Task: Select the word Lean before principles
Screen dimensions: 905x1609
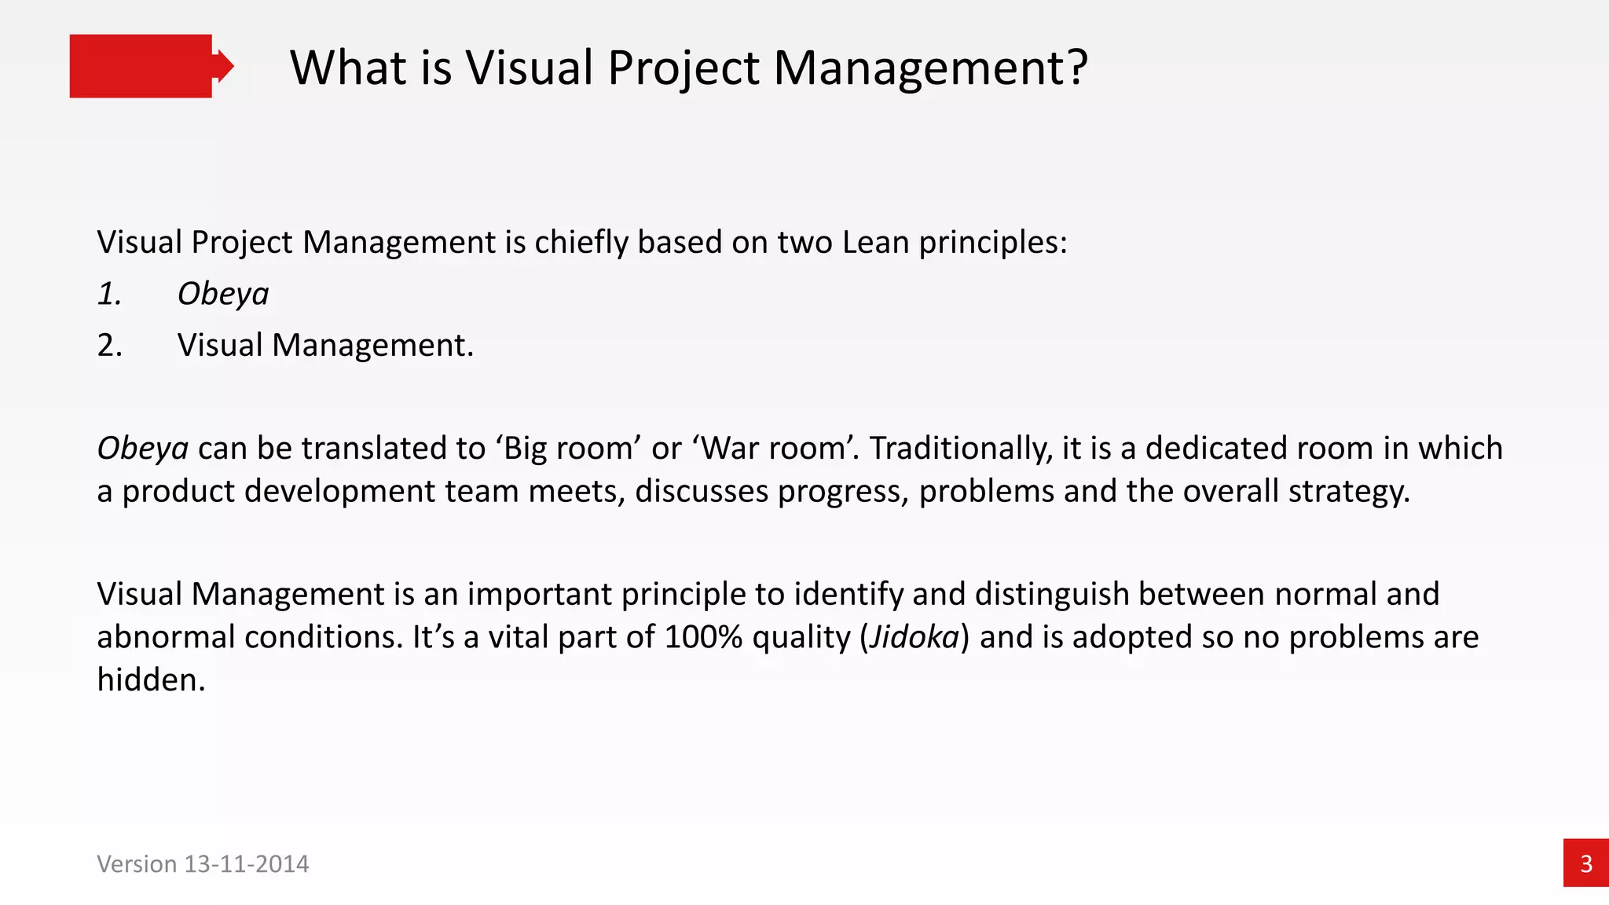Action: [x=876, y=242]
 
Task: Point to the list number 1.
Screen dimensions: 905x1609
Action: [x=109, y=294]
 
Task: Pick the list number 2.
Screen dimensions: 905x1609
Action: [x=109, y=346]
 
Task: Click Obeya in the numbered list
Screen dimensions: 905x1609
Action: [x=223, y=294]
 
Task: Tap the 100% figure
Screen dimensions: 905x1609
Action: [x=703, y=637]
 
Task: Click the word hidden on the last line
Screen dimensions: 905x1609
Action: [x=150, y=680]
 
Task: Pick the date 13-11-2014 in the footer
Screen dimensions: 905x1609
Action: [x=246, y=864]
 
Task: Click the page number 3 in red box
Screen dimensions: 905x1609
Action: [x=1585, y=863]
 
